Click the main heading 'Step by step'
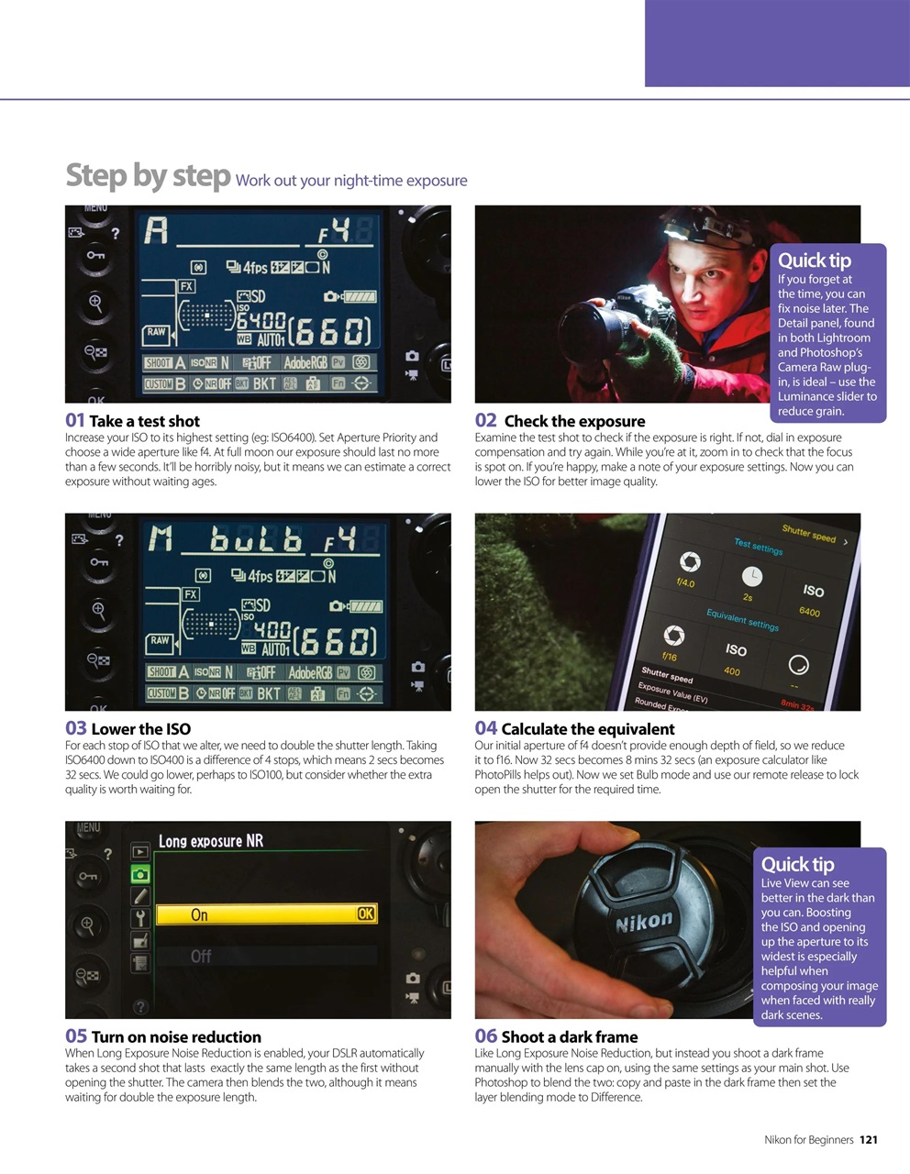pyautogui.click(x=148, y=175)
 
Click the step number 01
pyautogui.click(x=75, y=420)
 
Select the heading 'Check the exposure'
pyautogui.click(x=574, y=421)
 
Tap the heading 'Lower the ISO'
pyautogui.click(x=140, y=729)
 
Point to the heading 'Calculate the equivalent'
pyautogui.click(x=587, y=729)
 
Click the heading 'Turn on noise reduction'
pyautogui.click(x=175, y=1037)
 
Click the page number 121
pyautogui.click(x=868, y=1140)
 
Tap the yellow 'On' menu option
pyautogui.click(x=199, y=914)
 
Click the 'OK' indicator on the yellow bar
pyautogui.click(x=365, y=914)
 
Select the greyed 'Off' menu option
pyautogui.click(x=200, y=957)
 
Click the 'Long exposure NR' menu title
pyautogui.click(x=211, y=841)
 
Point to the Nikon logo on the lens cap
pyautogui.click(x=643, y=921)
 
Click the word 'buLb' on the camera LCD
pyautogui.click(x=255, y=541)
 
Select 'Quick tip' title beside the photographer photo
pyautogui.click(x=814, y=260)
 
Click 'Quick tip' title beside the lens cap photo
pyautogui.click(x=797, y=864)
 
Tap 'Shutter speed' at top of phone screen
pyautogui.click(x=808, y=533)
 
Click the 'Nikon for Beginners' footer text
pyautogui.click(x=808, y=1140)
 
